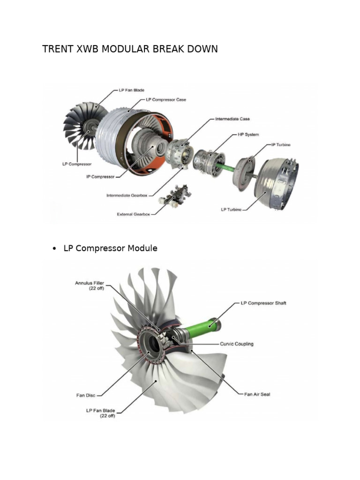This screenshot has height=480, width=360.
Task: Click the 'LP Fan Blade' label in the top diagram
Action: click(131, 90)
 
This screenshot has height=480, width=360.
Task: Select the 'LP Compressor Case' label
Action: click(166, 99)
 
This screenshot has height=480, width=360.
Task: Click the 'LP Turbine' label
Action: click(231, 209)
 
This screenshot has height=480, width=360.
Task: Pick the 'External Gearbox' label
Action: click(134, 214)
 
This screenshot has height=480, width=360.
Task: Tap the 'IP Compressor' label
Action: click(100, 177)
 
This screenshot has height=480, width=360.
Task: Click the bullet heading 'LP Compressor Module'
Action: click(110, 248)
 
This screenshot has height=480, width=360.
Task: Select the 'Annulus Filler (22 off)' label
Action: click(90, 285)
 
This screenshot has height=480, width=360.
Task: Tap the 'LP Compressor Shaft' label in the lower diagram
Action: click(263, 303)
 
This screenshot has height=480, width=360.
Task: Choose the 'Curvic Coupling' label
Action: click(237, 344)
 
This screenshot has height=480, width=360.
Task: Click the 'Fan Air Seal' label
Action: click(257, 394)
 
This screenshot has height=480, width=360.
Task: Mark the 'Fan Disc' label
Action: click(86, 395)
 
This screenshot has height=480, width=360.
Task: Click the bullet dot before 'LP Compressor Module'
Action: click(55, 249)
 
